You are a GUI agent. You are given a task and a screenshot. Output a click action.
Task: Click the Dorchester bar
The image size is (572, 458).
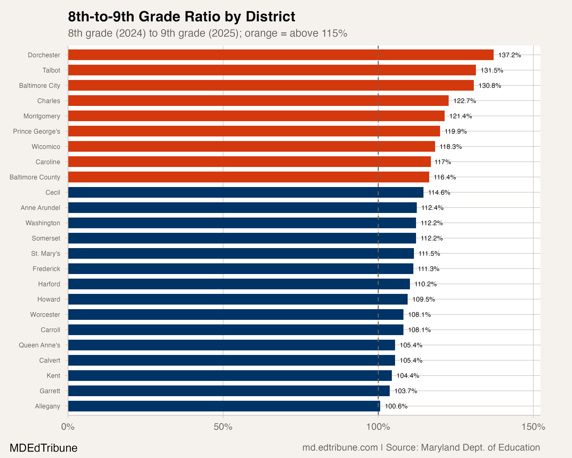pyautogui.click(x=281, y=55)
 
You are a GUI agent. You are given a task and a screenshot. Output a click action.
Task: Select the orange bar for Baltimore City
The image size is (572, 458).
pyautogui.click(x=271, y=85)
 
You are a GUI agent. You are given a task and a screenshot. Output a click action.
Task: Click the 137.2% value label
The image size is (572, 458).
pyautogui.click(x=509, y=55)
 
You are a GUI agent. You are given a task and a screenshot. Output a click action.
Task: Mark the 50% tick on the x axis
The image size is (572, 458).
pyautogui.click(x=223, y=427)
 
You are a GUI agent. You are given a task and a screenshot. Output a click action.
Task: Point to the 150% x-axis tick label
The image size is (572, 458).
pyautogui.click(x=533, y=427)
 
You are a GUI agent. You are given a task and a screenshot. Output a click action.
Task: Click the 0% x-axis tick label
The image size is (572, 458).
pyautogui.click(x=68, y=427)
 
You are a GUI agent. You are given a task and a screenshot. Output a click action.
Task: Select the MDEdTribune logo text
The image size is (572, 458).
pyautogui.click(x=43, y=448)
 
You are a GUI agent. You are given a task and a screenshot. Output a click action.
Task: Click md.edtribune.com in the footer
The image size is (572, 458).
pyautogui.click(x=340, y=447)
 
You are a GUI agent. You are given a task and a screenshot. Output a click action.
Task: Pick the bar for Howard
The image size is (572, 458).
pyautogui.click(x=238, y=299)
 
